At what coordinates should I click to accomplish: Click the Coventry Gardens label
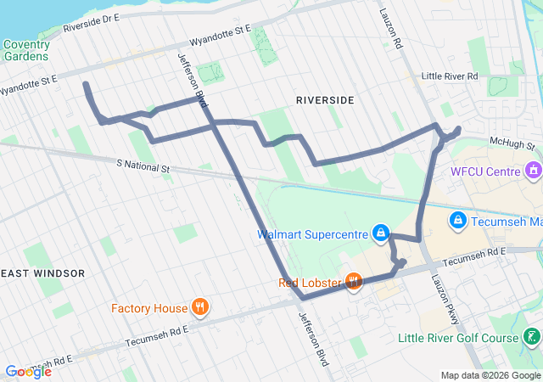point(26,51)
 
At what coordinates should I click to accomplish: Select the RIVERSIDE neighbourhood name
point(325,100)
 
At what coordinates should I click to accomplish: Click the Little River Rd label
point(451,76)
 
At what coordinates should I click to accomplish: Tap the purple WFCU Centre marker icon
point(533,171)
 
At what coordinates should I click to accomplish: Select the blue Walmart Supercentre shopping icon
point(381,233)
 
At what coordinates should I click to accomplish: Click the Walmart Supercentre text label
point(313,233)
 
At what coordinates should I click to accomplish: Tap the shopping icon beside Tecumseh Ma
point(458,221)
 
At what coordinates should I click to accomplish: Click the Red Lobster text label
point(309,282)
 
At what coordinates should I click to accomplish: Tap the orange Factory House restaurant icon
point(200,306)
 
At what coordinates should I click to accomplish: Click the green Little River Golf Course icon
point(531,338)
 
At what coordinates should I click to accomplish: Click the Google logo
point(28,371)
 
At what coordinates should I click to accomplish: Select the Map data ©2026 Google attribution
point(490,375)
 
